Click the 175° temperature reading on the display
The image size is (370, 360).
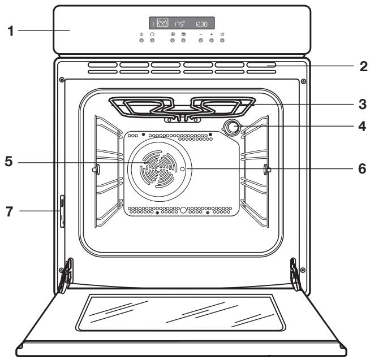point(179,24)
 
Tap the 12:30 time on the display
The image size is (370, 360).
point(201,24)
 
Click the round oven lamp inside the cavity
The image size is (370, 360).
point(231,128)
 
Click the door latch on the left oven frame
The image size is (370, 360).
point(62,209)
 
